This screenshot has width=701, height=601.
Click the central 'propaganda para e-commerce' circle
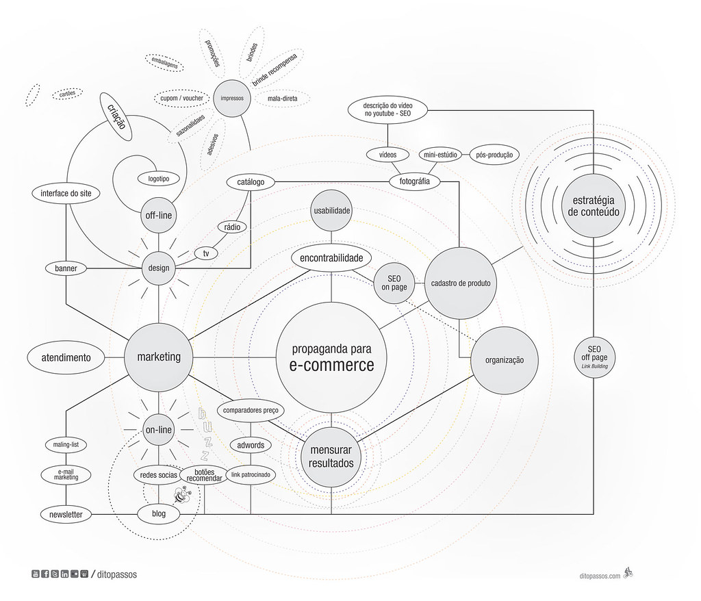pos(331,357)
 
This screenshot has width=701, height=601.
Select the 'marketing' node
pos(158,357)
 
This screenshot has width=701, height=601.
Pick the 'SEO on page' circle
pos(394,282)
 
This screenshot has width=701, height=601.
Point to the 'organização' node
pos(504,360)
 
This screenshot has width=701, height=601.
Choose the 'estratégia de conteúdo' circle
pos(593,206)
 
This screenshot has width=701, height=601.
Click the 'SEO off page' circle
pos(593,357)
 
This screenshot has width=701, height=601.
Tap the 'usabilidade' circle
pos(332,211)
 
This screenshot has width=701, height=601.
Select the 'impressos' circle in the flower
pos(232,99)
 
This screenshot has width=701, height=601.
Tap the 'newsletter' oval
pos(66,514)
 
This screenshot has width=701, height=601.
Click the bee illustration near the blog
pos(182,494)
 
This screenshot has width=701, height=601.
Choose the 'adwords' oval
pos(251,445)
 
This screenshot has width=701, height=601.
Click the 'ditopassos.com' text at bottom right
pos(598,576)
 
